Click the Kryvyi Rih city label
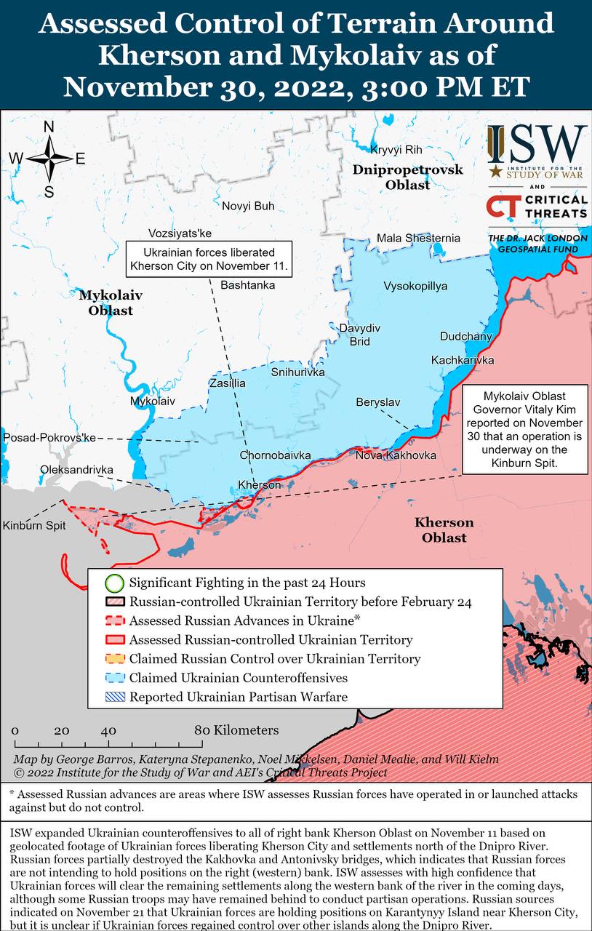coord(396,150)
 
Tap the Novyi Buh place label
coord(248,206)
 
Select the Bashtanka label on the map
coord(247,284)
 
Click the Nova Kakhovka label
coord(396,455)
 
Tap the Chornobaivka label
coord(275,455)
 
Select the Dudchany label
coord(465,336)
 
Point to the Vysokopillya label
coord(415,286)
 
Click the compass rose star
coord(49,159)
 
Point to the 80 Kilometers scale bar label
coord(236,730)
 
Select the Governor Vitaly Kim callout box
coord(524,429)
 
